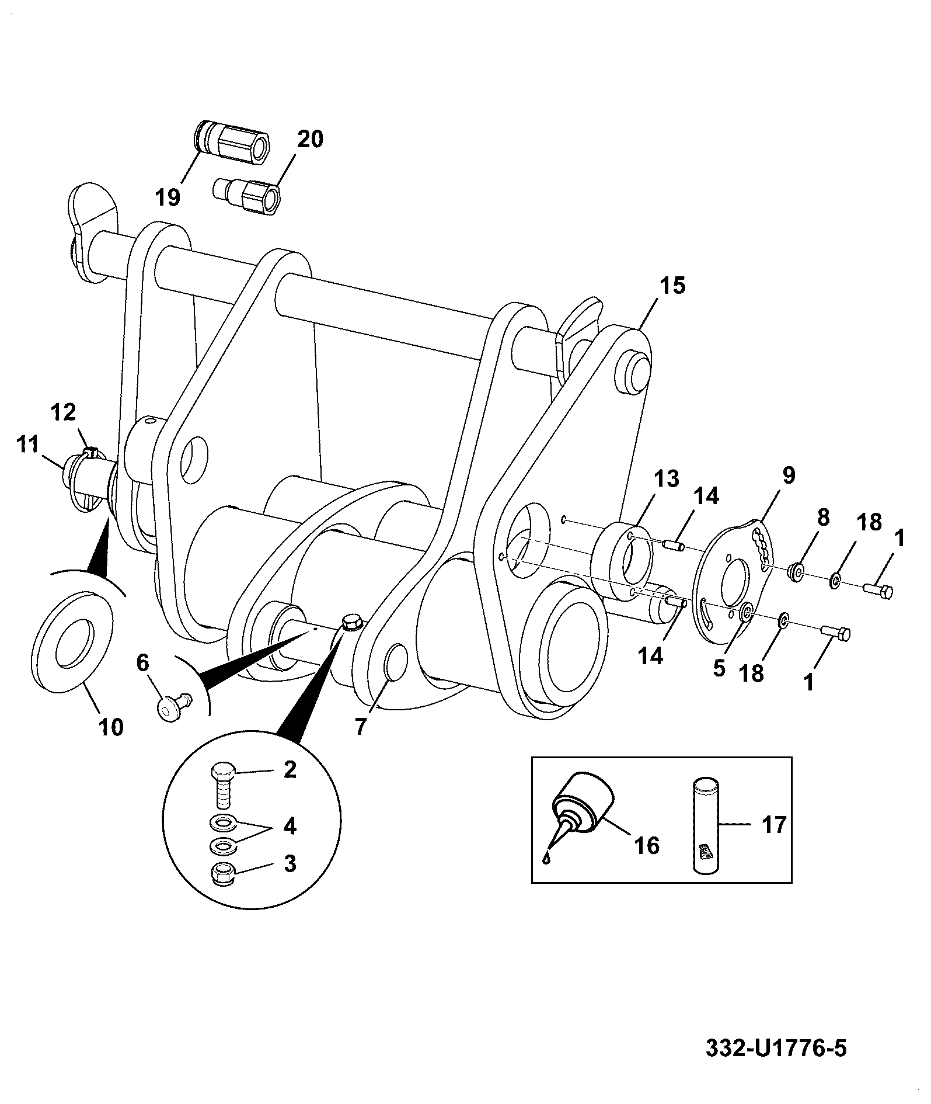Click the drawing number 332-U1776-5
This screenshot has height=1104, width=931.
pyautogui.click(x=776, y=1047)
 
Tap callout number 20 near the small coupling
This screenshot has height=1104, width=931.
pyautogui.click(x=310, y=140)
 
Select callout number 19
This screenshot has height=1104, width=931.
pyautogui.click(x=168, y=197)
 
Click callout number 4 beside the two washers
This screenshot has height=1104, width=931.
pyautogui.click(x=290, y=827)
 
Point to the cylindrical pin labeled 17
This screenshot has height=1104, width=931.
pyautogui.click(x=706, y=825)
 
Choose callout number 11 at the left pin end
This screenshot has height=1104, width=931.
pyautogui.click(x=27, y=445)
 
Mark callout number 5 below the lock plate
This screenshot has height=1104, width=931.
pyautogui.click(x=719, y=668)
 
